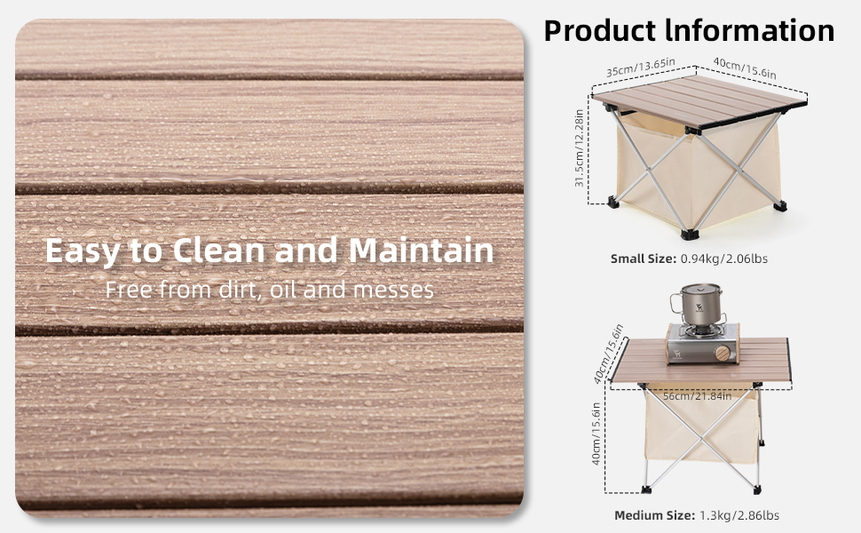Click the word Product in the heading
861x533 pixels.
(x=600, y=30)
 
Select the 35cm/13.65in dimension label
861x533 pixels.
(x=641, y=67)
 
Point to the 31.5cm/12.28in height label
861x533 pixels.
(x=579, y=147)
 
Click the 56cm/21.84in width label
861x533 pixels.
(x=697, y=395)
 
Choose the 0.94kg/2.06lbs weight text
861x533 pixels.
(x=723, y=259)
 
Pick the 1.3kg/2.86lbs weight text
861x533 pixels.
(x=739, y=515)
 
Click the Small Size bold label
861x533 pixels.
(x=644, y=259)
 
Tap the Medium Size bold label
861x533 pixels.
(x=655, y=515)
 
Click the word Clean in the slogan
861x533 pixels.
(x=219, y=250)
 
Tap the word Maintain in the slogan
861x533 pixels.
(x=421, y=250)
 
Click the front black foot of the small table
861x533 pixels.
(x=690, y=235)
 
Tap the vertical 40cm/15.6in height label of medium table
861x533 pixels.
(x=596, y=434)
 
